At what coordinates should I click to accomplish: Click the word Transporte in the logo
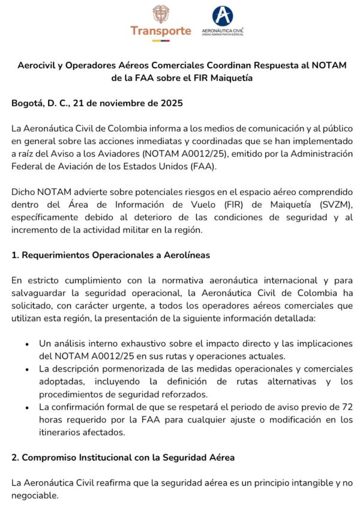tap(161, 31)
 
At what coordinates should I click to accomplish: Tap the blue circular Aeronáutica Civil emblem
tap(223, 16)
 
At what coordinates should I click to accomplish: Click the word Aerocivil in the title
tap(39, 64)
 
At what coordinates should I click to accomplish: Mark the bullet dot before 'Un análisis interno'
tap(28, 345)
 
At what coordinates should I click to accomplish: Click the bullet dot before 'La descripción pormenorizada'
tap(28, 369)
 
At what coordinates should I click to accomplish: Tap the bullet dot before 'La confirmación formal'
tap(28, 408)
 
